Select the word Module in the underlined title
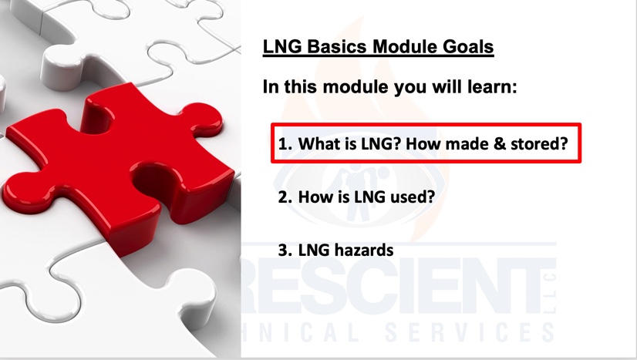coord(405,46)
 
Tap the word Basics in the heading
coord(338,46)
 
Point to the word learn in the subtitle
coord(492,86)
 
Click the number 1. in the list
coord(285,143)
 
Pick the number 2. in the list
coord(285,197)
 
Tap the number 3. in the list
coord(285,250)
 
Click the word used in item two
coord(413,197)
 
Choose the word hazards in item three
coord(368,250)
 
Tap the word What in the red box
coord(316,143)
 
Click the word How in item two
coord(312,197)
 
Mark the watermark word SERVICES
coord(469,332)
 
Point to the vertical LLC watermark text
coord(551,293)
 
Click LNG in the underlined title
coord(282,46)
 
